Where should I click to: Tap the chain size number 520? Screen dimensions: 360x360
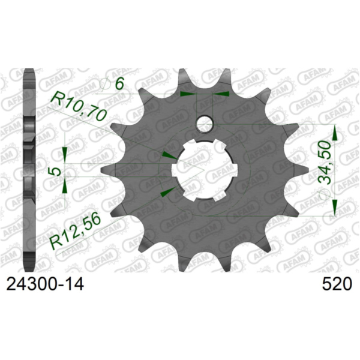coord(334,285)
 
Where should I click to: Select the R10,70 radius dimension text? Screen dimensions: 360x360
coord(77,106)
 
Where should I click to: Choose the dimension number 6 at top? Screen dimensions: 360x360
coord(120,85)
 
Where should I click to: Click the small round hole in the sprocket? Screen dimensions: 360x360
coord(205,123)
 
